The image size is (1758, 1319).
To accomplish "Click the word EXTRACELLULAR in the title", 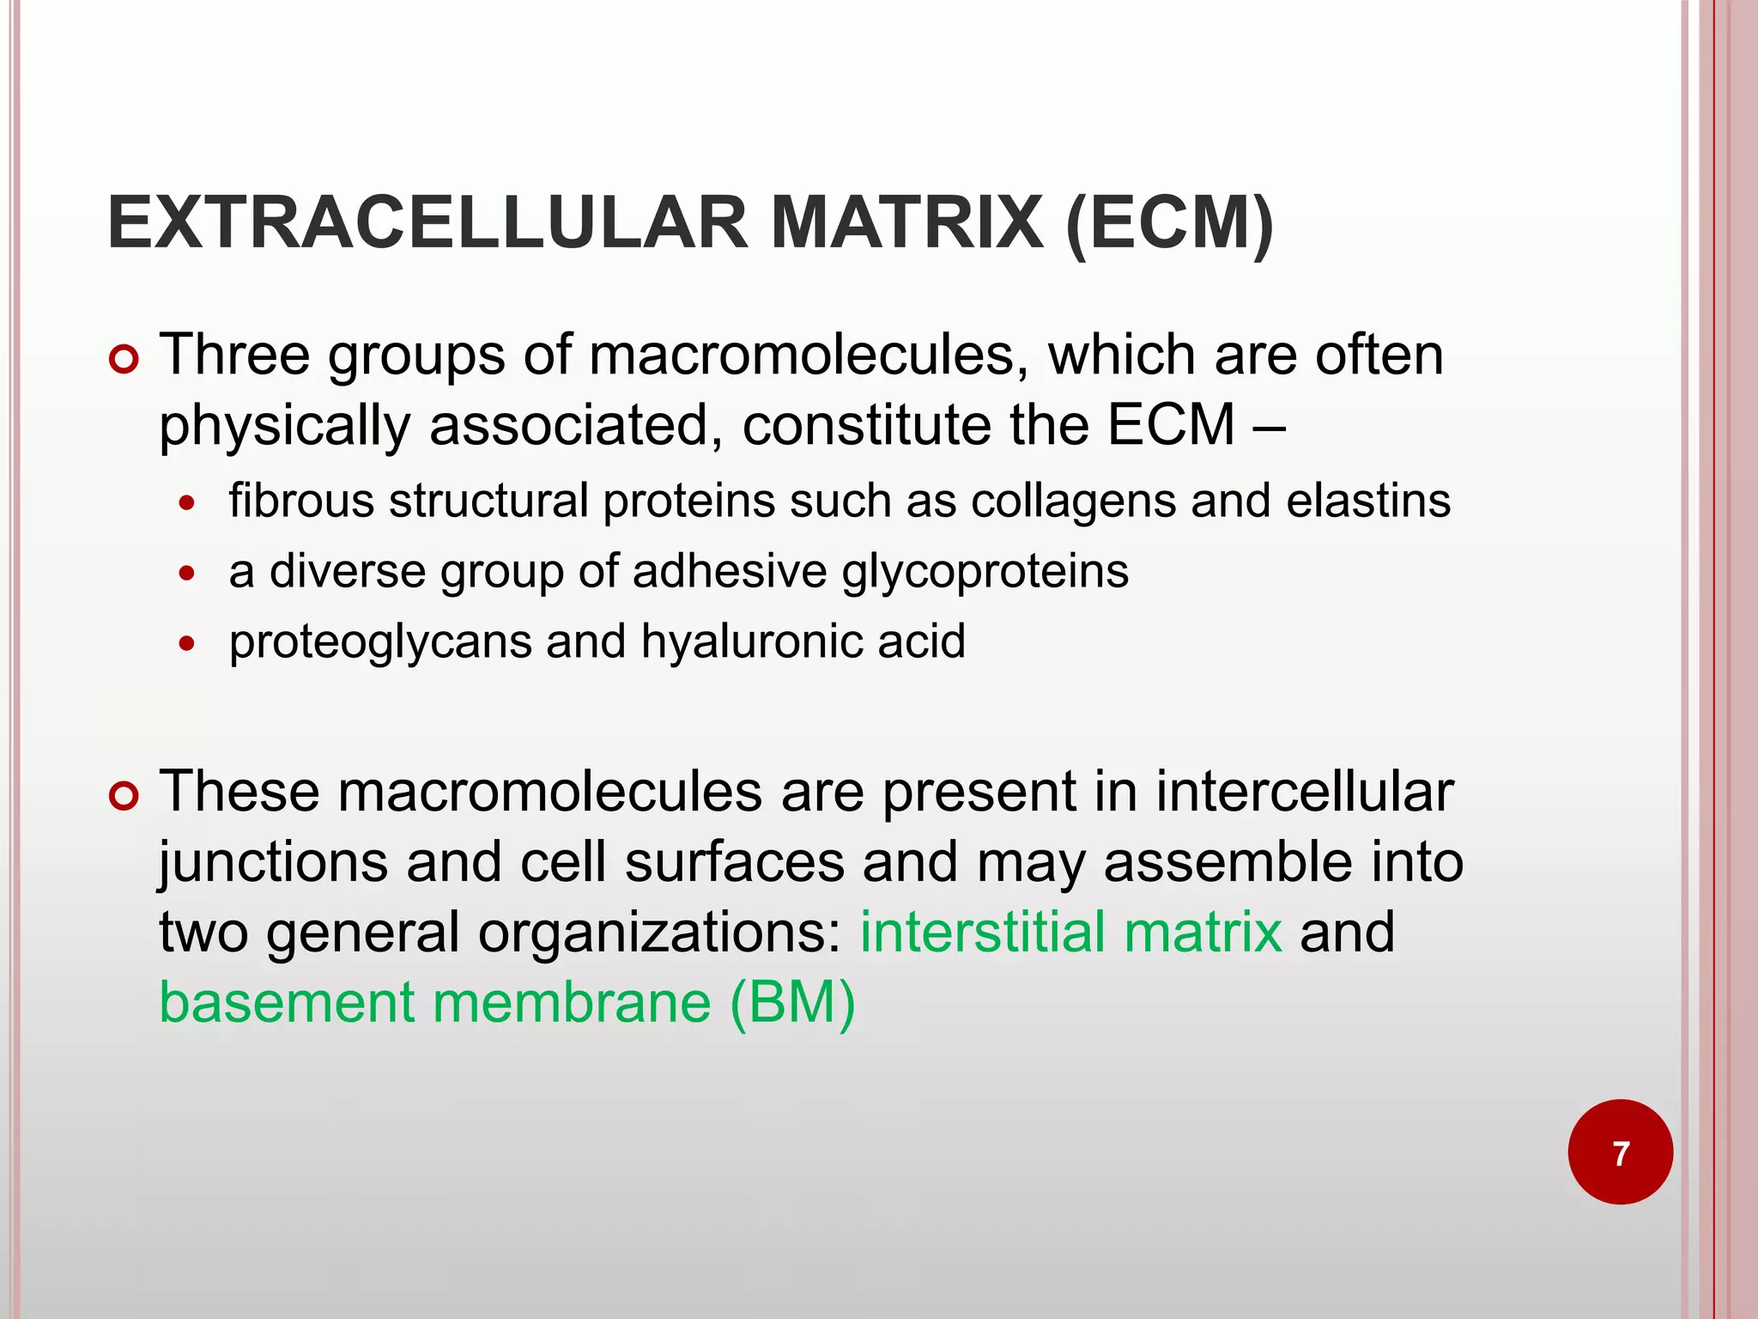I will [427, 223].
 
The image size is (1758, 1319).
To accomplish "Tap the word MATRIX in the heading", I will [907, 223].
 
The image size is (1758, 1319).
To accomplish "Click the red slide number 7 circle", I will [1620, 1152].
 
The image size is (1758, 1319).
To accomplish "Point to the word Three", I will [234, 355].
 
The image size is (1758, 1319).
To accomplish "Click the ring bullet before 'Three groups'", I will [124, 358].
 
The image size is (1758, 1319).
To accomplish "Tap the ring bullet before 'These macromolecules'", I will [124, 795].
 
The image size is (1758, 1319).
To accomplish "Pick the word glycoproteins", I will [985, 573].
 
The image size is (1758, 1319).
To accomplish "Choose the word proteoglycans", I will [380, 643].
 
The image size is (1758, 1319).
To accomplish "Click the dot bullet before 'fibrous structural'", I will [188, 503].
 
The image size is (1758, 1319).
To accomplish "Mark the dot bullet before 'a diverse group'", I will [188, 574].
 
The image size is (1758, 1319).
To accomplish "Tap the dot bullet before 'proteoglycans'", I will [188, 644].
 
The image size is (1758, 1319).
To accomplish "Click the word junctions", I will [274, 864].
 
